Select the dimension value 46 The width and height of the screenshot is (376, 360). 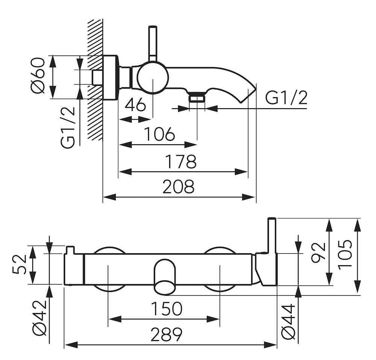click(135, 105)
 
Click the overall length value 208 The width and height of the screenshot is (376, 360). click(178, 186)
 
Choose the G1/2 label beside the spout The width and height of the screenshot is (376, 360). click(287, 99)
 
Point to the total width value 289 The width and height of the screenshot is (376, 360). click(166, 334)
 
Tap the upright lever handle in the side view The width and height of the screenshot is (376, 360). click(153, 43)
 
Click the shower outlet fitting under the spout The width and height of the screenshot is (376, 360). click(197, 98)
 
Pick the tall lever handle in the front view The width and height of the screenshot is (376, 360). click(272, 241)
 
